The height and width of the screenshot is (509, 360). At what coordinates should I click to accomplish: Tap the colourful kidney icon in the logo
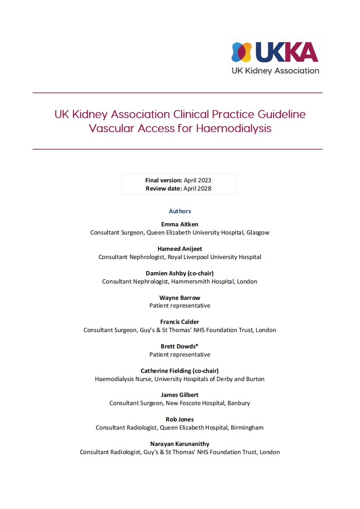[242, 52]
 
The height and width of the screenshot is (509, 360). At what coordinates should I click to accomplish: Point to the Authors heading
[180, 211]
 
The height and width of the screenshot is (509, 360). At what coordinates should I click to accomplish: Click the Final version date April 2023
[197, 181]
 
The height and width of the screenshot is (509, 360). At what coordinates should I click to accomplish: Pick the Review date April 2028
[197, 188]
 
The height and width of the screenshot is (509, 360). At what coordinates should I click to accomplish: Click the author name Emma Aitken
[180, 225]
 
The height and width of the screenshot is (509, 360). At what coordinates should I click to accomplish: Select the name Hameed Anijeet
[180, 249]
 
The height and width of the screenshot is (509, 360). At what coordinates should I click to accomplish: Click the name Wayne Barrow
[180, 298]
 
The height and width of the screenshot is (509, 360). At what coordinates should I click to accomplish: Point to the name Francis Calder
[180, 322]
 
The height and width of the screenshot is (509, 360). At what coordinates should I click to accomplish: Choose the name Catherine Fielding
[166, 371]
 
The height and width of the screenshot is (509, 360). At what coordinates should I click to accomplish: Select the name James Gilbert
[180, 395]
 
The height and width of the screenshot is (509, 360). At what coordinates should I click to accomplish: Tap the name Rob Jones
[180, 420]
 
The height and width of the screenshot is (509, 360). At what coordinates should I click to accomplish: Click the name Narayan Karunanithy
[180, 444]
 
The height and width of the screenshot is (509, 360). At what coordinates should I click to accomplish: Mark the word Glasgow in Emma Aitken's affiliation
[258, 233]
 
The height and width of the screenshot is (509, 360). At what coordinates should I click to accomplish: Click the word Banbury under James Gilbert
[239, 403]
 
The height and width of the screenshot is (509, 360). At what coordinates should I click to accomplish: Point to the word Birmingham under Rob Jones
[247, 428]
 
